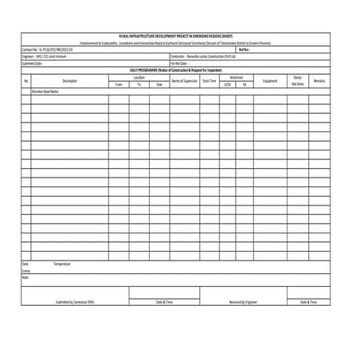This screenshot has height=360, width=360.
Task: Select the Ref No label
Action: point(244,49)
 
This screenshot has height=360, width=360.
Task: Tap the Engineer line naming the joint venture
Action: point(47,57)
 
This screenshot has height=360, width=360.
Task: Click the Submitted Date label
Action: point(33,64)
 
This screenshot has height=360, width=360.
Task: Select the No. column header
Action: point(25,80)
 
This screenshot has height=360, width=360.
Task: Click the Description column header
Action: point(69,80)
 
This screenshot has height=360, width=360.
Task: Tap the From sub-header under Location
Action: point(119,84)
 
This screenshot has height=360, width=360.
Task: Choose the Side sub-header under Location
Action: point(159,84)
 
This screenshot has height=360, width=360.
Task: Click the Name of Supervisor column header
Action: point(184,80)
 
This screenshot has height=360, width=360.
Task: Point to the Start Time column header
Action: point(209,80)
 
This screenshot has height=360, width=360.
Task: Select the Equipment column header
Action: point(270,80)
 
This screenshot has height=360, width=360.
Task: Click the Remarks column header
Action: point(319,80)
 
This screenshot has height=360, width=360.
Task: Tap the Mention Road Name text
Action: point(45,92)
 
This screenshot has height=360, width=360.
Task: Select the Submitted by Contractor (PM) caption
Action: point(75,303)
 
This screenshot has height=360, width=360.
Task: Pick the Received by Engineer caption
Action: point(243,303)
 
